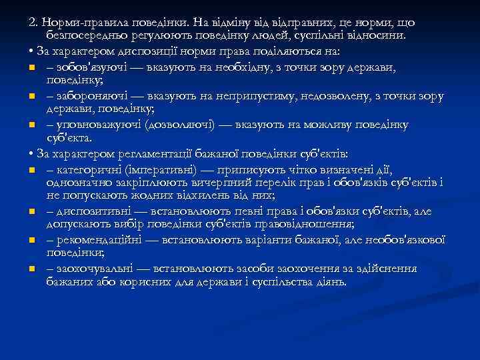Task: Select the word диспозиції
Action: [139, 51]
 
